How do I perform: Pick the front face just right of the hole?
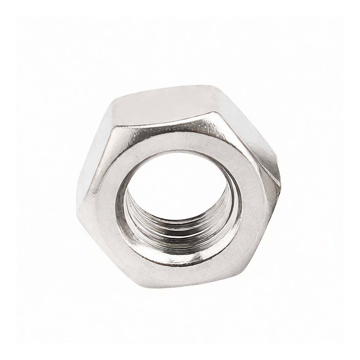pyautogui.click(x=252, y=198)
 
